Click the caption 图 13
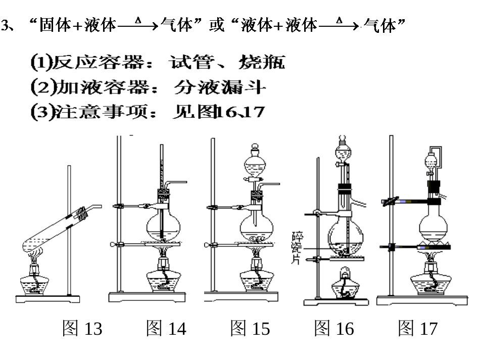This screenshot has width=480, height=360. [82, 329]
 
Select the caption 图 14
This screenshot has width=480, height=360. [166, 329]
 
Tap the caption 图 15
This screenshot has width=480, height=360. [250, 329]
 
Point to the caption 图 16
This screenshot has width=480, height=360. [333, 329]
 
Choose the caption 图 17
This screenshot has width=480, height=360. [417, 329]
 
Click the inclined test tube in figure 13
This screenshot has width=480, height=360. [56, 232]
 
